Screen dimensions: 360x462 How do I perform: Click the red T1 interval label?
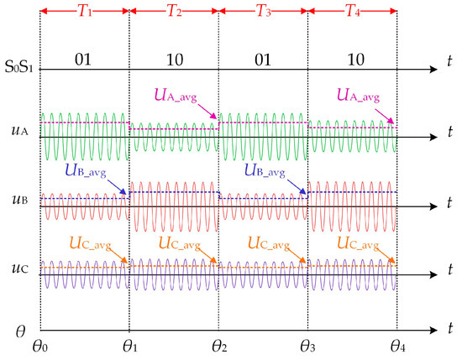click(85, 13)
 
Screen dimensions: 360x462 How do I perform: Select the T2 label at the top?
click(174, 13)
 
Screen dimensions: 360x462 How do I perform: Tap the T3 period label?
click(263, 13)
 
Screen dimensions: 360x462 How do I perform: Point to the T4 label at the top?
click(353, 13)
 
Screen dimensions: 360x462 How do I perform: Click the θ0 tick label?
click(39, 345)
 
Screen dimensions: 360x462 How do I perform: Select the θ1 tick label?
click(129, 345)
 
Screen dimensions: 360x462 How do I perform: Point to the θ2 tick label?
click(219, 345)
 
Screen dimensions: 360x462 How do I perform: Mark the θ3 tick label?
click(308, 345)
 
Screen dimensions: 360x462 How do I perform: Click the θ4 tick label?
click(396, 345)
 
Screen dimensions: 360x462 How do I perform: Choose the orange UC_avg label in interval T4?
click(362, 243)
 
